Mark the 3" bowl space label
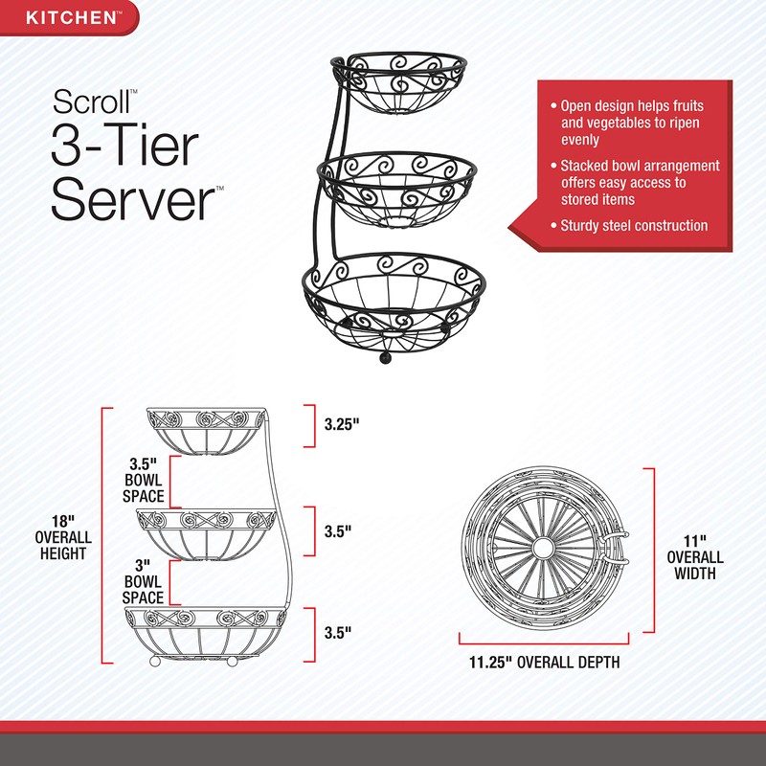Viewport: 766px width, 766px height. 144,582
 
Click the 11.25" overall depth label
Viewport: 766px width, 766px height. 544,662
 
